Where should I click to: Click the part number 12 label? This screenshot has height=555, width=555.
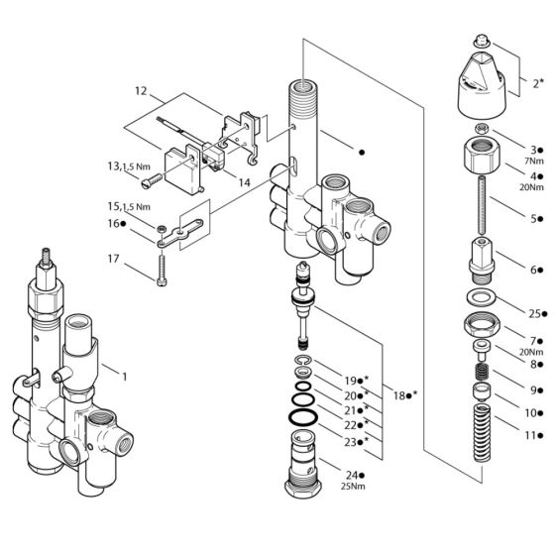pos(140,91)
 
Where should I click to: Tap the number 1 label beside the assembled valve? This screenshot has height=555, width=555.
pos(124,377)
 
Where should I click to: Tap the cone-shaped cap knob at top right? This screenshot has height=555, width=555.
pos(480,83)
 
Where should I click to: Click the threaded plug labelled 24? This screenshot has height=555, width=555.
pos(304,467)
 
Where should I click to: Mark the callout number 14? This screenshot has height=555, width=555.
pos(243,182)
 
